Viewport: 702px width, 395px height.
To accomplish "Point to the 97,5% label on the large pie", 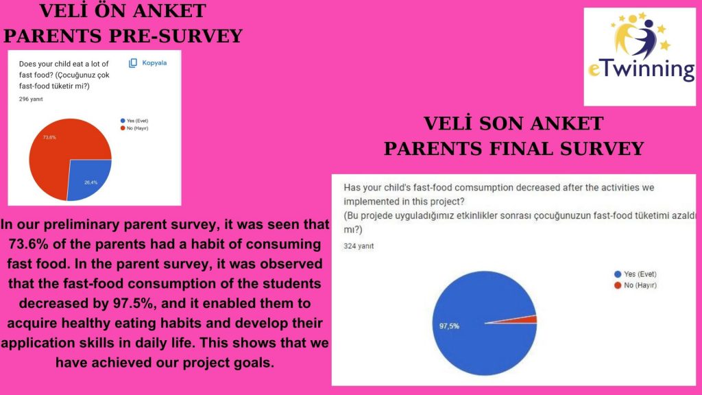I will [x=449, y=326].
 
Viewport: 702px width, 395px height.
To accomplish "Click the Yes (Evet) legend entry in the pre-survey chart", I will [x=134, y=121].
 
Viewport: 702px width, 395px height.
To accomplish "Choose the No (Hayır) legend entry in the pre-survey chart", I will [x=135, y=128].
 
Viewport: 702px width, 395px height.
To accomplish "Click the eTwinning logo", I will [x=639, y=56].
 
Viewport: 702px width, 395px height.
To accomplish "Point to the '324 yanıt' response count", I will [x=359, y=246].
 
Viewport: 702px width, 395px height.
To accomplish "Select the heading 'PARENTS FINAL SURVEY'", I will [x=513, y=148].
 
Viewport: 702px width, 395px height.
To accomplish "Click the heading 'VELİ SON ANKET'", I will [x=513, y=124].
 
